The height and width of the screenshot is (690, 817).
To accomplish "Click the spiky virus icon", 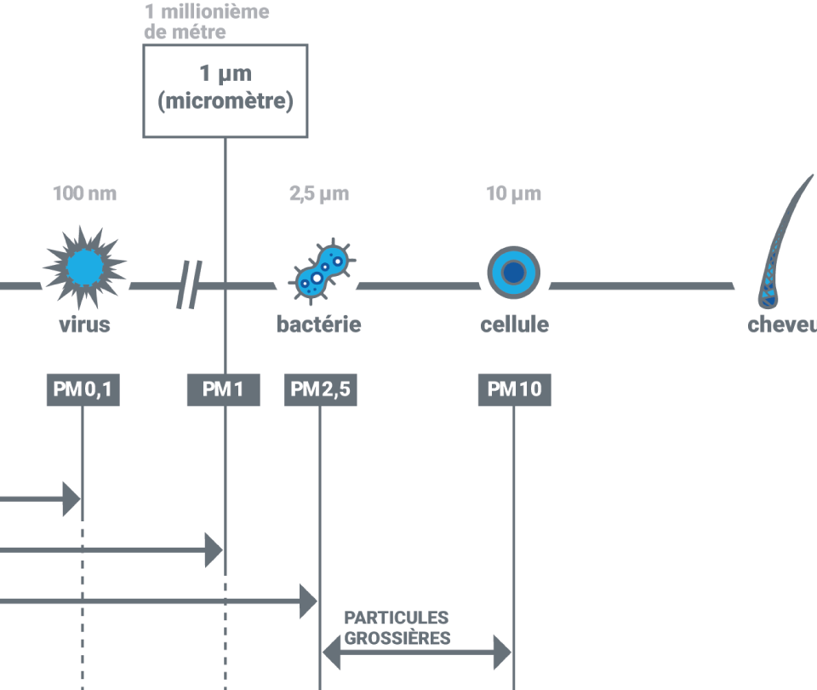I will (84, 267).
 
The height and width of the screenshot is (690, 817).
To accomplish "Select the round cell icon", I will (514, 273).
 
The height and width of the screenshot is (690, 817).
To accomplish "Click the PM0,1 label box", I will (83, 390).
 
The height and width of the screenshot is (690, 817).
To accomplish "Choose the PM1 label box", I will (224, 390).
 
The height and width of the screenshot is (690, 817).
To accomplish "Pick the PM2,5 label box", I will (320, 390).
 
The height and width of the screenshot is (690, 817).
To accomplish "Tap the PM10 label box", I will (514, 390).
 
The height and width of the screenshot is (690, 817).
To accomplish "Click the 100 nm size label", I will (85, 194).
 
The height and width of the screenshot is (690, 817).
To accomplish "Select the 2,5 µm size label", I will (319, 194).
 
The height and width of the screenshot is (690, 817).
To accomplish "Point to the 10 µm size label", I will (514, 194).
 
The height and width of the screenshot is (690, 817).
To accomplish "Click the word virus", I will (84, 325).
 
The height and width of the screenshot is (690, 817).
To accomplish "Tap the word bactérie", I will (319, 325).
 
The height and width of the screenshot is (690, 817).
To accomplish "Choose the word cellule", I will (514, 325).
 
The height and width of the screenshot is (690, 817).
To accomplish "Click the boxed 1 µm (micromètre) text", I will (226, 90).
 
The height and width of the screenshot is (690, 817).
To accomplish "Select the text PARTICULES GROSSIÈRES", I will (397, 628).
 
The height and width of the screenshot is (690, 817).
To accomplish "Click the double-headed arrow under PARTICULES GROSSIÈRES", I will (417, 654).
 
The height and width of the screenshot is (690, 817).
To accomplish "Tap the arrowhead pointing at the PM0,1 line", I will (71, 499).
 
